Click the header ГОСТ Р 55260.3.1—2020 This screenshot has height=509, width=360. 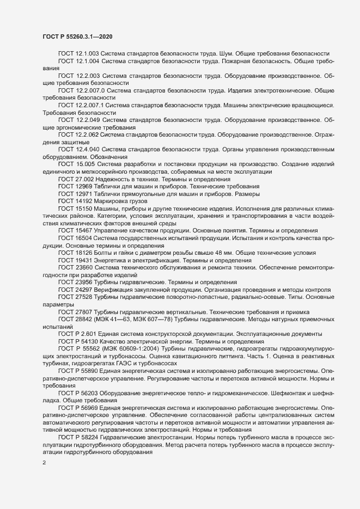coord(78,36)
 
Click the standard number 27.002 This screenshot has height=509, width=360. coord(85,179)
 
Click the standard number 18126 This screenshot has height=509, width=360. coord(83,253)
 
